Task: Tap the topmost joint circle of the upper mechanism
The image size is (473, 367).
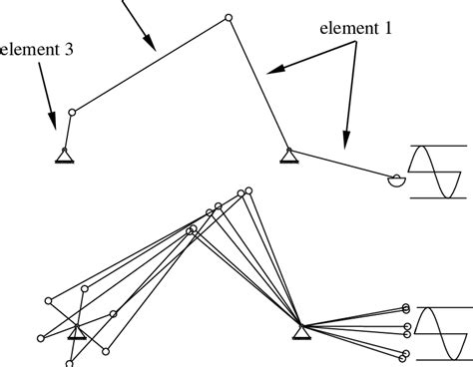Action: click(229, 17)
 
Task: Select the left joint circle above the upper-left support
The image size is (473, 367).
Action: click(70, 114)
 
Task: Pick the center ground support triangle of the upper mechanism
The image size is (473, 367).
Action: click(287, 155)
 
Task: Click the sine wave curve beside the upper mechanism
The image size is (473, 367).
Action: click(433, 172)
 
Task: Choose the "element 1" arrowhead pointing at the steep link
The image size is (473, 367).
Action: click(273, 71)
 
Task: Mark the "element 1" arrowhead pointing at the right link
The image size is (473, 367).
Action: click(344, 143)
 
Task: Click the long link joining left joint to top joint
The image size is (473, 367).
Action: click(150, 65)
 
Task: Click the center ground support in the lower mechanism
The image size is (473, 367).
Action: click(298, 328)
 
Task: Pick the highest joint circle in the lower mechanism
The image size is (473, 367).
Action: click(247, 187)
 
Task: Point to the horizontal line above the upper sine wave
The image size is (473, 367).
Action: click(433, 146)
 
